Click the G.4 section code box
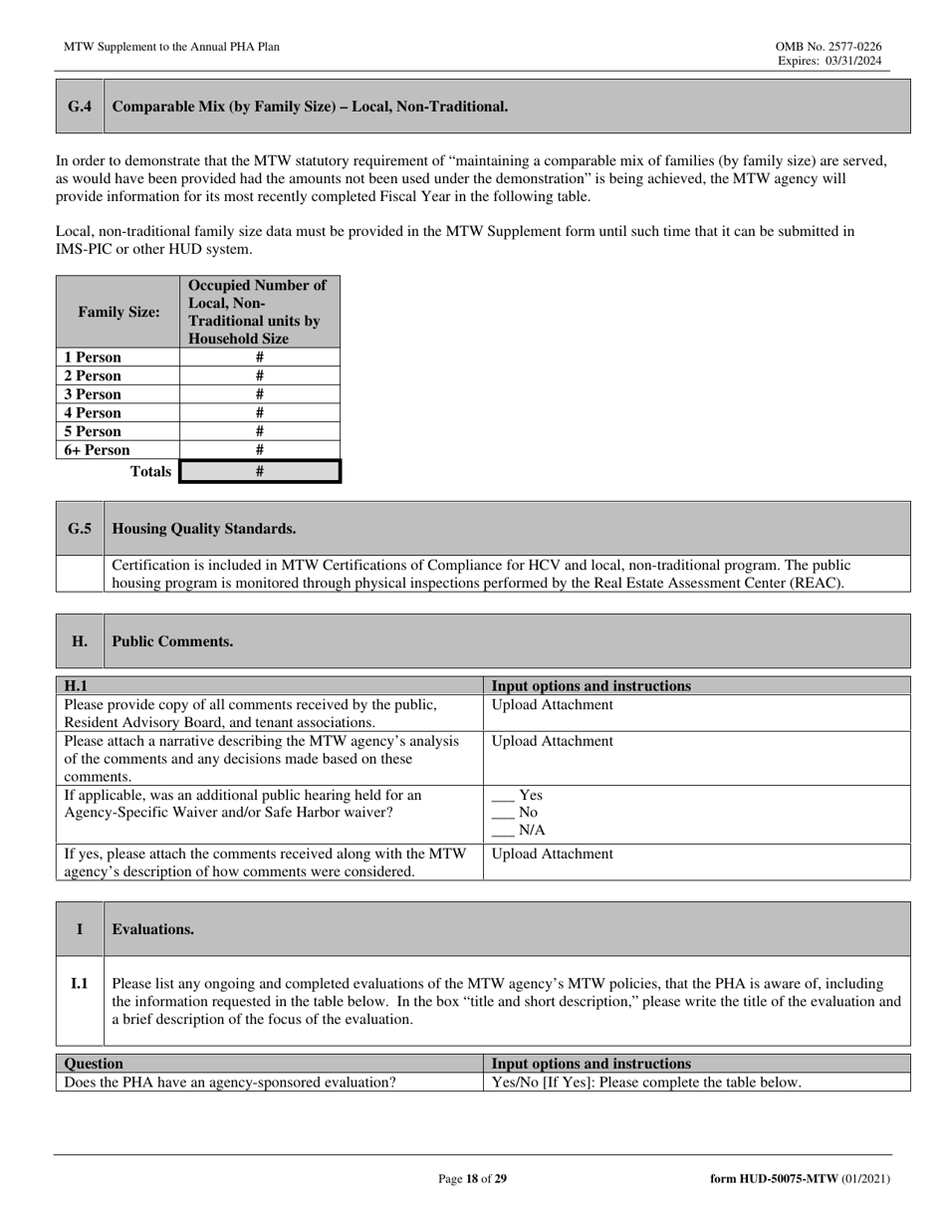80,107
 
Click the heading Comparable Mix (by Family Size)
310,107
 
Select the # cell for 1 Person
259,357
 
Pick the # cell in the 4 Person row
259,412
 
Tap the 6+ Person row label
98,450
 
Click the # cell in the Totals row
259,471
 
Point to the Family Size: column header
118,312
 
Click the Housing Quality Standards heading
204,528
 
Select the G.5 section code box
80,528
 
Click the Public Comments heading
173,641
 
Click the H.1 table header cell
269,685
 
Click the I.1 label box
80,984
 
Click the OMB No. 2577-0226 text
828,47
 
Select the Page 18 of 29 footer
473,1179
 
